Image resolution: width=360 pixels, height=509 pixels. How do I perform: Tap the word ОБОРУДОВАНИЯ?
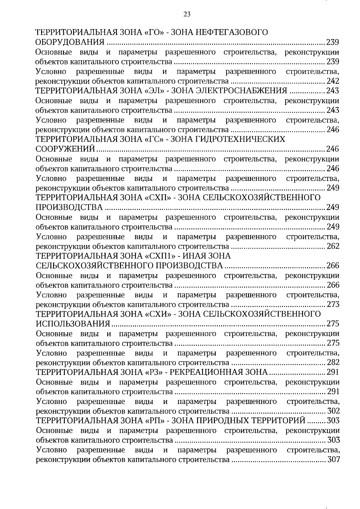[x=70, y=42]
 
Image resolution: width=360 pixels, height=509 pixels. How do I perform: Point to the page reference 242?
[x=333, y=81]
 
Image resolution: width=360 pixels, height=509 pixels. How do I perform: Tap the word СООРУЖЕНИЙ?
[x=65, y=149]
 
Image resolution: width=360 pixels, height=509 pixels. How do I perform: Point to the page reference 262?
[x=333, y=246]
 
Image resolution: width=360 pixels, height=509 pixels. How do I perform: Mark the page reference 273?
[x=333, y=304]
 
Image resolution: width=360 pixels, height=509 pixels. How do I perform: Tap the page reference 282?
[x=333, y=363]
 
